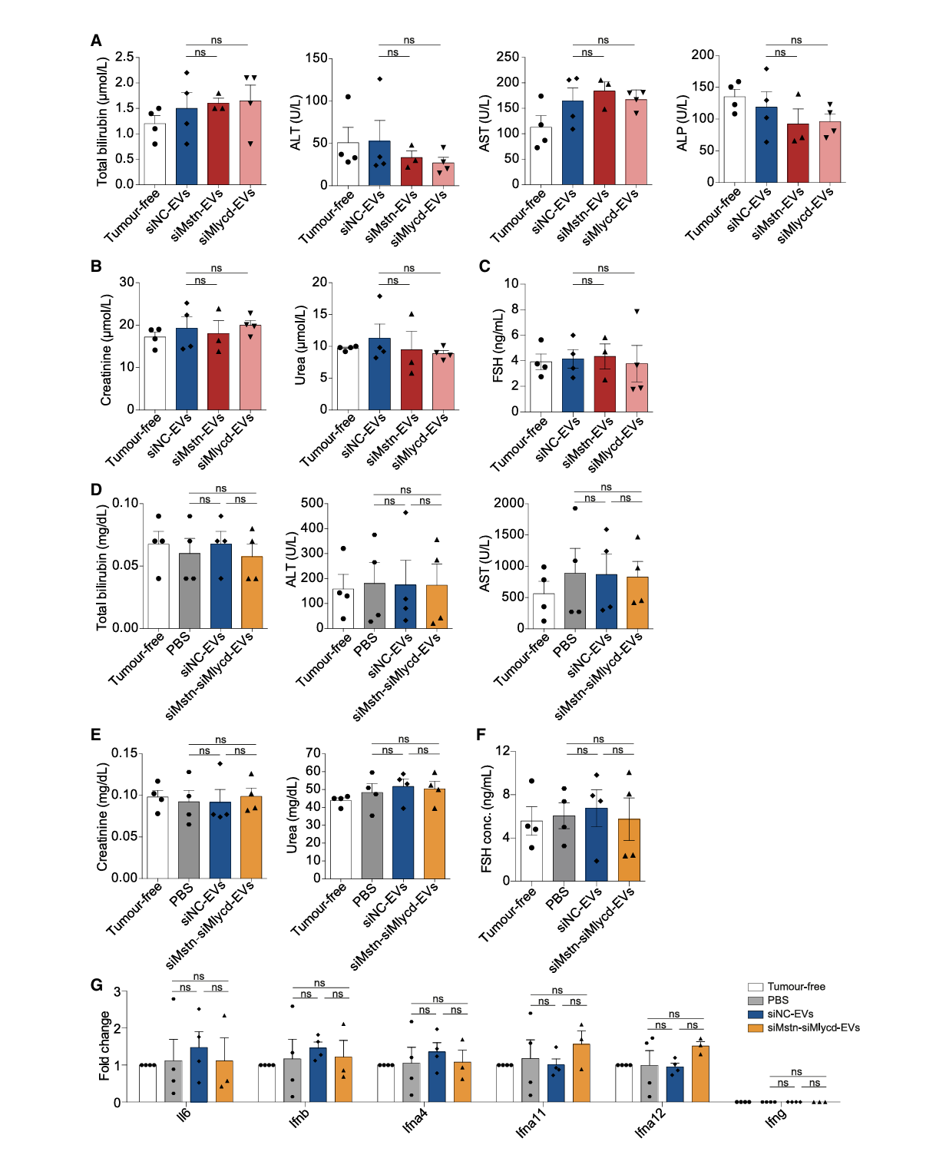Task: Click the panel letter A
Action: coord(96,41)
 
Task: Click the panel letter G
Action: coord(96,984)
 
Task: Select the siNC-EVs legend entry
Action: coord(790,1014)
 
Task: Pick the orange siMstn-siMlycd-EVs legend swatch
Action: coord(756,1027)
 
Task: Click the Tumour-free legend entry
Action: coord(796,987)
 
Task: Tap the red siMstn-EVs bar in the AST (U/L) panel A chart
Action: coord(604,138)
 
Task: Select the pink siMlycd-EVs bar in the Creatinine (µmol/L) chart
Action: coord(250,368)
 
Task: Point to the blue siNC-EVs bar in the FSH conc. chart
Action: coord(597,845)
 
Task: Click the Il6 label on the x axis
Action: coord(184,1114)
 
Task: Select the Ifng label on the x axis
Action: coord(776,1117)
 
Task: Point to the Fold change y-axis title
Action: coord(104,1046)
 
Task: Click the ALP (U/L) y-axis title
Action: coord(682,123)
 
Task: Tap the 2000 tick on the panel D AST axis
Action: coord(509,503)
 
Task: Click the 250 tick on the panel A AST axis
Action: coord(508,57)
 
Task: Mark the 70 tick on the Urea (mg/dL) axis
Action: coord(313,753)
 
